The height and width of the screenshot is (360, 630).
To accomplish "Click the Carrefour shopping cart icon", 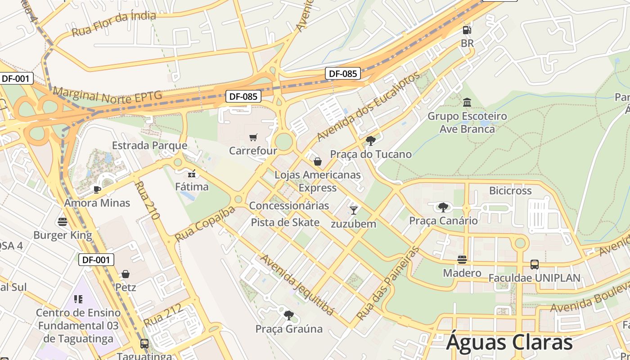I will [x=253, y=137].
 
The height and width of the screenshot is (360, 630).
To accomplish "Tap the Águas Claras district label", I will [x=509, y=342].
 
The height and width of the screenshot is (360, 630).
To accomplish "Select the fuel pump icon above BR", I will [x=467, y=31].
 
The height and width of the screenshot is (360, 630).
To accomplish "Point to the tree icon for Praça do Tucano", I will [x=371, y=141].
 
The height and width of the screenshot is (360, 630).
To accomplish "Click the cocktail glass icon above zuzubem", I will [x=354, y=210].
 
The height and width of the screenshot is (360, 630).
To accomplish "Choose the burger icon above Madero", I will [x=462, y=260].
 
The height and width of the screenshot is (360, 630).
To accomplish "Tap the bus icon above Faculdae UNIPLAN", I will [x=535, y=265].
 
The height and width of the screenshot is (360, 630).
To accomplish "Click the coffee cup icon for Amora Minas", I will [x=97, y=189].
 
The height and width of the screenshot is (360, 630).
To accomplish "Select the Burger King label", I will [x=63, y=235].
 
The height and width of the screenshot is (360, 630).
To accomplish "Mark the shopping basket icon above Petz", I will [x=126, y=274].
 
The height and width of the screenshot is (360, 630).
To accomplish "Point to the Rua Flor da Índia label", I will [x=113, y=24].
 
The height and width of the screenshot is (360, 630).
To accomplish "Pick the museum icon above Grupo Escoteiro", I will [x=467, y=103].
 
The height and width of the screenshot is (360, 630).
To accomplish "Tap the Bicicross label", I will [x=510, y=191].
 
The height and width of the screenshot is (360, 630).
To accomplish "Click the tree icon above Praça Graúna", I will [x=289, y=315].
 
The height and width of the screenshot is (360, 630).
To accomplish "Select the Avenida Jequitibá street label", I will [x=297, y=285].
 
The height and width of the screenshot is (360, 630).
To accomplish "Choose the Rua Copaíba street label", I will [x=205, y=224].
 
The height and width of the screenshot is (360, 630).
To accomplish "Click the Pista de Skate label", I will [x=285, y=222].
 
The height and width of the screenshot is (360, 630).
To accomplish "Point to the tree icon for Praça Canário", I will [x=443, y=207].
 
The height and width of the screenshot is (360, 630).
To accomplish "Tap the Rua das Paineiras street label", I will [x=387, y=283].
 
